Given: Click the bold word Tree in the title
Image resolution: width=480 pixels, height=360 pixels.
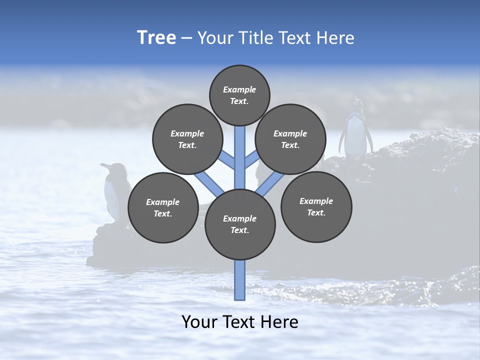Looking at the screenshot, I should coord(156,38).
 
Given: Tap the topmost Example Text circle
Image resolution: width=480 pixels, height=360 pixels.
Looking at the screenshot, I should coord(239,95).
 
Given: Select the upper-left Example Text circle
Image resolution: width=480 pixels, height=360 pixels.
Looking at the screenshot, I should coord(187,139).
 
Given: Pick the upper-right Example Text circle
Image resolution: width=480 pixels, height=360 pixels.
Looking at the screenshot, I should coord(290,139).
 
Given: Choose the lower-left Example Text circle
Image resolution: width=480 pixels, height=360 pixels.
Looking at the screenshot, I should coord(162,207).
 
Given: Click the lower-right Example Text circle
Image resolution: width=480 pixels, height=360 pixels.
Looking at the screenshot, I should coord(316,206).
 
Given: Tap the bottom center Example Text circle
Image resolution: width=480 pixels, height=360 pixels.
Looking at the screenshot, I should coord(240,224).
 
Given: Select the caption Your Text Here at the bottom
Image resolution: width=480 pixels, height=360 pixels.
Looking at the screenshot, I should coord(240,322).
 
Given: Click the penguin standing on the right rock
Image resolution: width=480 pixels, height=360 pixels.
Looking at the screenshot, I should coord(355,132).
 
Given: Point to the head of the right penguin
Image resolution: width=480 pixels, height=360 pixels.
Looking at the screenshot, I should coord(356,103).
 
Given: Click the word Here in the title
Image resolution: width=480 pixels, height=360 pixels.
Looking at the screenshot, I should coord(335,38).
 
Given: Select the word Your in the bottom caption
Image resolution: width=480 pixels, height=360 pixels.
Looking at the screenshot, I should coord(199,322).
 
